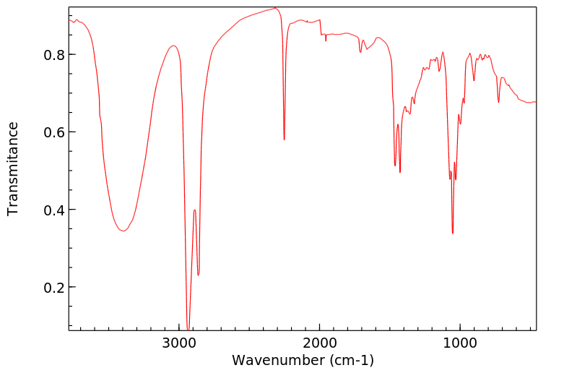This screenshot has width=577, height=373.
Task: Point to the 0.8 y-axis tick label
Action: (x=54, y=55)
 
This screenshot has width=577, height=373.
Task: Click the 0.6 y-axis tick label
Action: (x=54, y=132)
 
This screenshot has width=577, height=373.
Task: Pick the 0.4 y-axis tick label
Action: (x=54, y=210)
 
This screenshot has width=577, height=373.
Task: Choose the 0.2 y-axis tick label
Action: (x=54, y=288)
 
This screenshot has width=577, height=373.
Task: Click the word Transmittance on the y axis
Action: (x=13, y=168)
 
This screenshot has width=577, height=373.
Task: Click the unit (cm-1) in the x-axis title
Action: (x=349, y=359)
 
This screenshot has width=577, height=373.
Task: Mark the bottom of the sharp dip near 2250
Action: (x=285, y=140)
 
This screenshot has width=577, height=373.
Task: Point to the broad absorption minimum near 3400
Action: (x=123, y=231)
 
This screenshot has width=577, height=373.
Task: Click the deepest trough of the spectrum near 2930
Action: (x=188, y=329)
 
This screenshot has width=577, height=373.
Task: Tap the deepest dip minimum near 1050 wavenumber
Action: (x=453, y=233)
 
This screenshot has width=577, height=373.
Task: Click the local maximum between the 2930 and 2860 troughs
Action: (x=194, y=210)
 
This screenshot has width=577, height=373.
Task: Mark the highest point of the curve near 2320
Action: (x=275, y=8)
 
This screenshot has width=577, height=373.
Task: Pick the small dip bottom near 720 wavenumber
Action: (x=499, y=103)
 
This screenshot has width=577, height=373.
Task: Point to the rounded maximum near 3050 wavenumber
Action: (x=173, y=46)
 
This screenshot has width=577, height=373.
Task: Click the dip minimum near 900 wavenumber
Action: (x=474, y=80)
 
